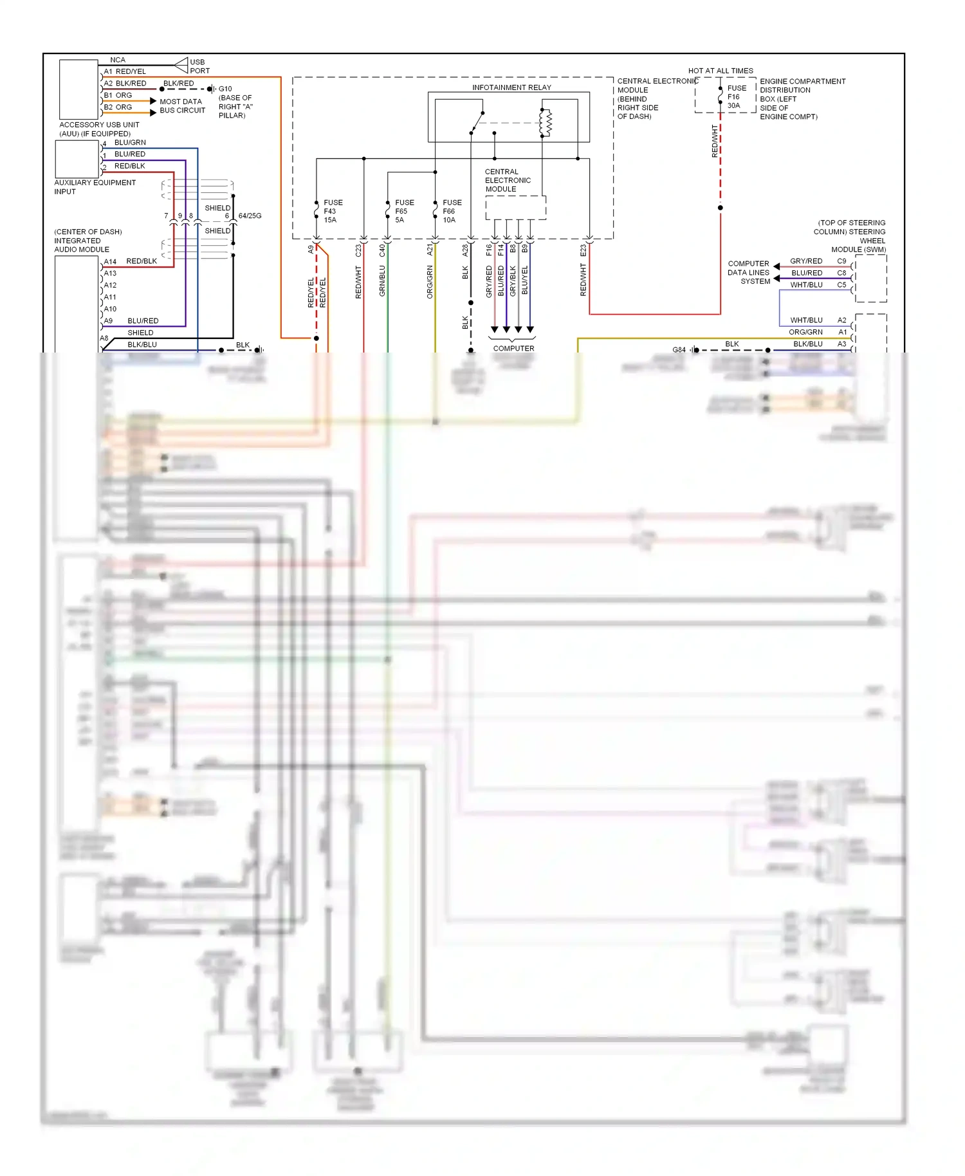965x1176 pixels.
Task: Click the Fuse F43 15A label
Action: pos(333,211)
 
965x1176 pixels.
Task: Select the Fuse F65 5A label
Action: pos(404,211)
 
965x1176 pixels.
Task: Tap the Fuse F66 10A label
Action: pos(452,211)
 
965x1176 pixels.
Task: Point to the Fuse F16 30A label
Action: pos(737,97)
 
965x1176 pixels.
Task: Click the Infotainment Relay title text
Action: pos(511,87)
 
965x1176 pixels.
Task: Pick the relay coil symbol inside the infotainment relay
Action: pos(545,123)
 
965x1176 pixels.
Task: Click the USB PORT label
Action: pos(199,66)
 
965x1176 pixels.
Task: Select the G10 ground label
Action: pos(225,89)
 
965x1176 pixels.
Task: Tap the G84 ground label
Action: pos(679,350)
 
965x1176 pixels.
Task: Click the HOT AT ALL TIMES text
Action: pos(720,71)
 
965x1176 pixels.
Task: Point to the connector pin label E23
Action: pos(584,250)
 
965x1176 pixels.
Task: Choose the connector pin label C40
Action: pos(382,250)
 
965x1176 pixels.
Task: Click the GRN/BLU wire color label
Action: pos(382,281)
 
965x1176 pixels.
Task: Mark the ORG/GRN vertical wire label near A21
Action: pos(430,282)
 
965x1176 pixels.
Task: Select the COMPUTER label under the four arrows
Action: pos(513,349)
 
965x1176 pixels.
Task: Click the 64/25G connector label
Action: pos(250,216)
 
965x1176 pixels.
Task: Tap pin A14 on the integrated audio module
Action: pos(110,262)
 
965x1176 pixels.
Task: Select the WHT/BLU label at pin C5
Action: pos(806,285)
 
